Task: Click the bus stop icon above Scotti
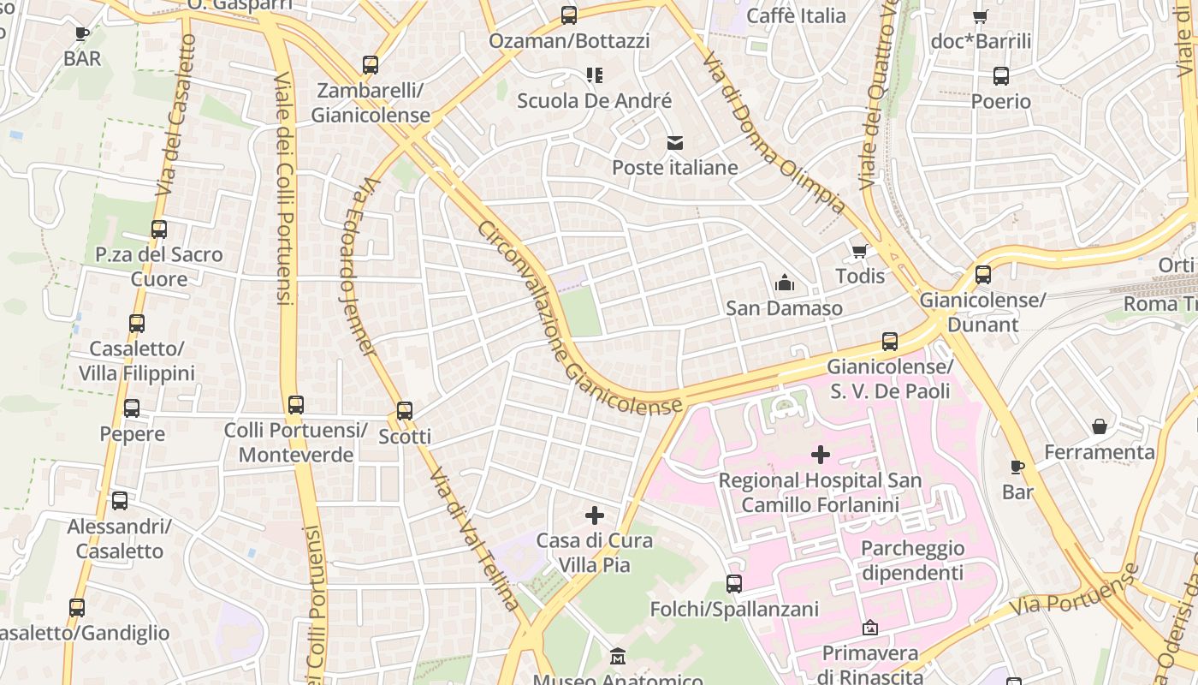coord(405,411)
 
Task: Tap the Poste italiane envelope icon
coord(675,142)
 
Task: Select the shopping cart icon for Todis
coord(860,251)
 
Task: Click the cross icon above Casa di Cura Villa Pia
coord(595,515)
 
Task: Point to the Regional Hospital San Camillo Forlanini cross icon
coord(821,455)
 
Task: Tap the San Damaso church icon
coord(784,283)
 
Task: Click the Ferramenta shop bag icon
coord(1100,426)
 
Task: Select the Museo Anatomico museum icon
coord(618,658)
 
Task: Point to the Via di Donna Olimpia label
coord(774,133)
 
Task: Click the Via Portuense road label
coord(1075,591)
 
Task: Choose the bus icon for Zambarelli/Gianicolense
coord(371,65)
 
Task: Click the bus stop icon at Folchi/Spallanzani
coord(734,584)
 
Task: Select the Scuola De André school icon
coord(595,75)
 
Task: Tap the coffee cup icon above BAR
coord(82,33)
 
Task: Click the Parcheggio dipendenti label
coord(912,560)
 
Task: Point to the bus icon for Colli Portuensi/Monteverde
coord(296,405)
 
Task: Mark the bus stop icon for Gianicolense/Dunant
coord(983,275)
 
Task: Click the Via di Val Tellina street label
coord(474,539)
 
